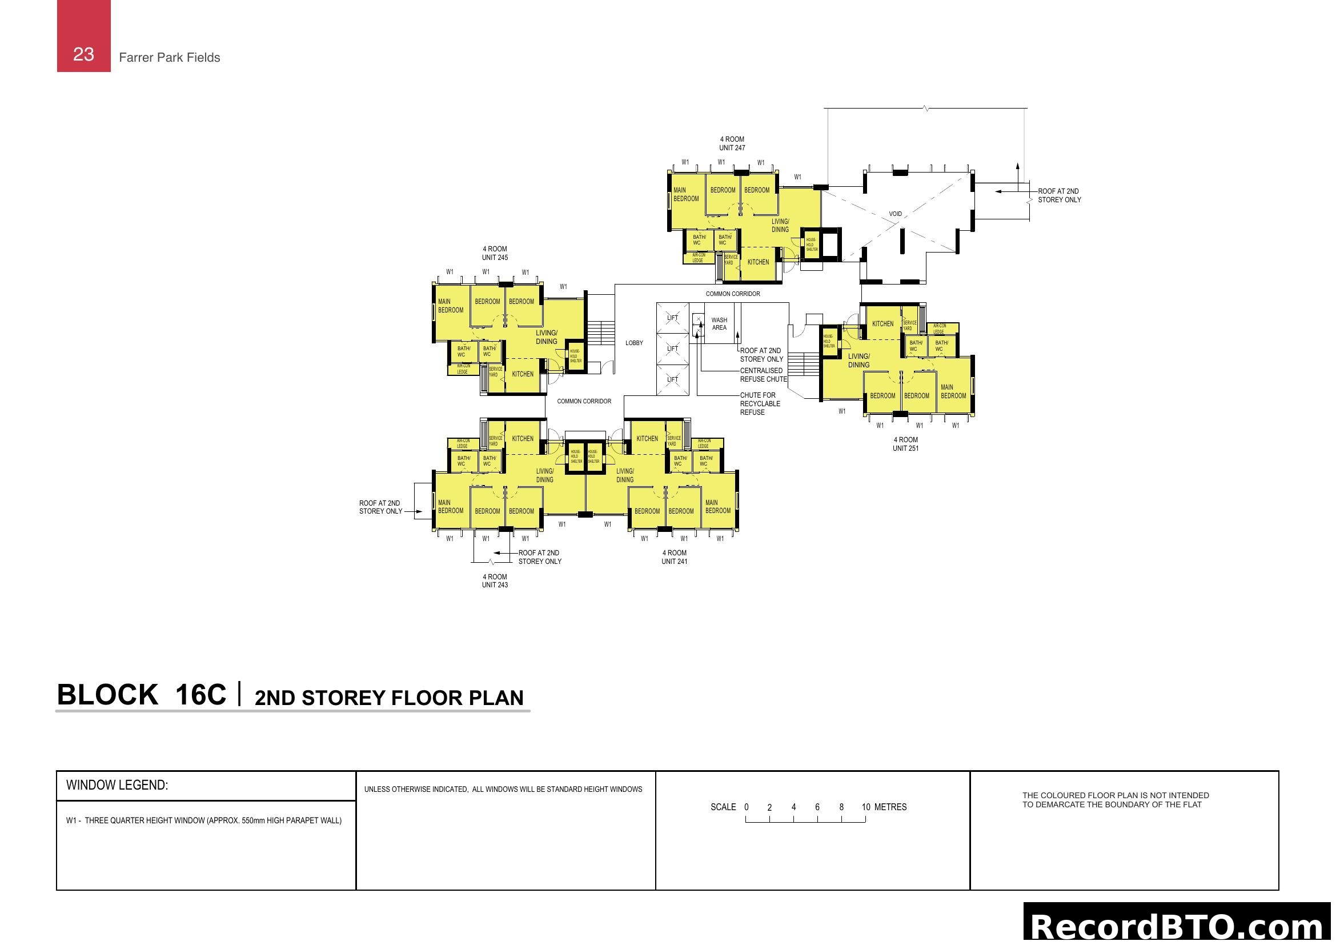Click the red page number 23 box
click(83, 36)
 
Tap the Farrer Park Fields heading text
click(169, 58)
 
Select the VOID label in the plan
click(895, 214)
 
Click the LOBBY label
click(633, 343)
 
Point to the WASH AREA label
click(719, 323)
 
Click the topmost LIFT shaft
click(672, 318)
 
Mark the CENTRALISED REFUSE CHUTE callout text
click(763, 375)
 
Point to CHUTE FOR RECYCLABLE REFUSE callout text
click(759, 403)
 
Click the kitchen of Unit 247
click(757, 262)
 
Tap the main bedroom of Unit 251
click(953, 391)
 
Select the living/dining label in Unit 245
click(546, 337)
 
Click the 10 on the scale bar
click(865, 807)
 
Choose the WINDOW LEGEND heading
click(117, 785)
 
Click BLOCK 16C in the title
click(142, 695)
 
